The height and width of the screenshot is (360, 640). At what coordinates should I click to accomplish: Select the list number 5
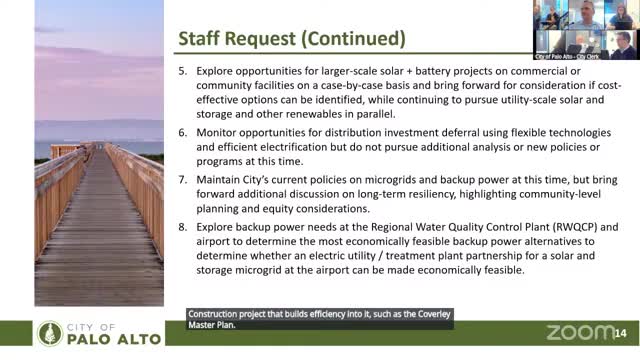click(x=182, y=74)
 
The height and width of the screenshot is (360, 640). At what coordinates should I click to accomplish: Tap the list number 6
click(x=182, y=133)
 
